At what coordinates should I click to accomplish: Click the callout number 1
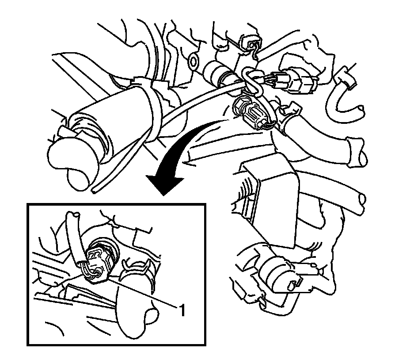(x=182, y=310)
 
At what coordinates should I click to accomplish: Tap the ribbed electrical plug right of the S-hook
(x=296, y=81)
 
